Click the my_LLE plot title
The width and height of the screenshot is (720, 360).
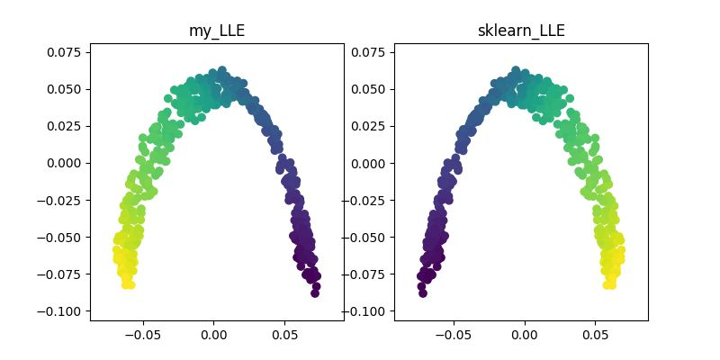217,31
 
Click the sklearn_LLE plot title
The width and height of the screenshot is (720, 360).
521,31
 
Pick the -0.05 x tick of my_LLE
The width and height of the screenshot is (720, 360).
142,335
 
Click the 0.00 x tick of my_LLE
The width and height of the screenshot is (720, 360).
214,335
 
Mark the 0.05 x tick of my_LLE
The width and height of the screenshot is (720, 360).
285,335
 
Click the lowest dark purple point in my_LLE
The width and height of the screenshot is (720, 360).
315,292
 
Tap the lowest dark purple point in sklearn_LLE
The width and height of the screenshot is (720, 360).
422,292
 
